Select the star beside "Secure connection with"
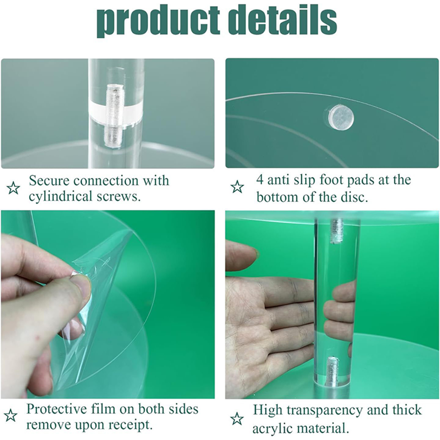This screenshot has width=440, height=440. [x=13, y=188]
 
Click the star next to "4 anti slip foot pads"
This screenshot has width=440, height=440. [x=237, y=187]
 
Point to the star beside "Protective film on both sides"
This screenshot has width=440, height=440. [x=10, y=415]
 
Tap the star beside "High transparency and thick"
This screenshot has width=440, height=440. [x=237, y=419]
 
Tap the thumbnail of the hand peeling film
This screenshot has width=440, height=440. [x=108, y=304]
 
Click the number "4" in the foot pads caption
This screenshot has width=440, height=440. [x=260, y=180]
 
